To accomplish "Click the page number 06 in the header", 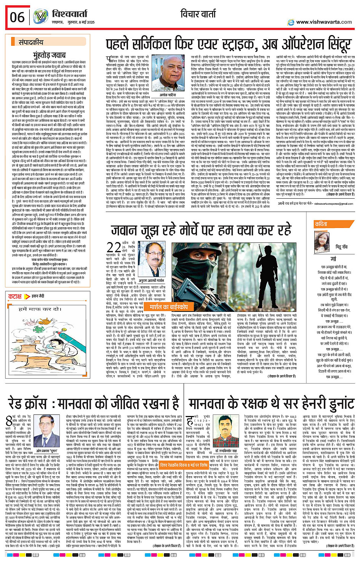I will pyautogui.click(x=17, y=17).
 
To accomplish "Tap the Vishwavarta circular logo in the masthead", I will pyautogui.click(x=40, y=17).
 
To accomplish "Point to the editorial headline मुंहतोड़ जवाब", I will pyautogui.click(x=49, y=56).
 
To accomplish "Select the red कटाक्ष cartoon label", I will pyautogui.click(x=15, y=296).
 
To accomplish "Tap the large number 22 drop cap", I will pyautogui.click(x=114, y=247).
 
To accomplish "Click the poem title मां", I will pyautogui.click(x=333, y=259).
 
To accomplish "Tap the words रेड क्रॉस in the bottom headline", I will pyautogui.click(x=33, y=403).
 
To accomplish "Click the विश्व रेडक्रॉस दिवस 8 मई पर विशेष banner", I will pyautogui.click(x=184, y=466).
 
